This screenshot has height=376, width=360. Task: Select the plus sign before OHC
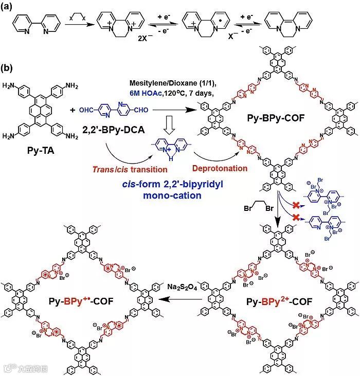[71, 110]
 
